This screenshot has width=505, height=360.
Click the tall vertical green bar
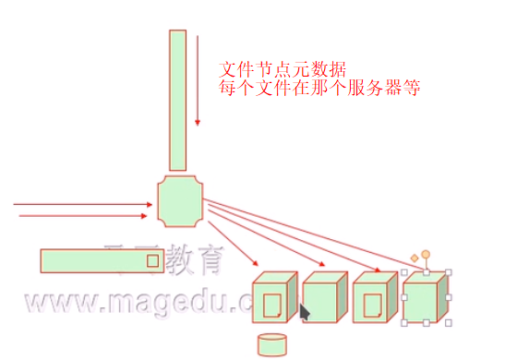pos(178,100)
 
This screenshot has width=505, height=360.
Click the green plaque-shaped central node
pos(180,200)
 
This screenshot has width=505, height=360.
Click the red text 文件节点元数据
pos(283,69)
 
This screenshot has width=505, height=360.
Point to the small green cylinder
pos(271,345)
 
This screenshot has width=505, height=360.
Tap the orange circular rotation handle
pos(426,254)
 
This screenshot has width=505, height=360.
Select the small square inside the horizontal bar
pos(152,261)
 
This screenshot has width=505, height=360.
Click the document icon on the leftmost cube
pos(271,305)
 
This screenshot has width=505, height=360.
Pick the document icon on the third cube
pos(373,305)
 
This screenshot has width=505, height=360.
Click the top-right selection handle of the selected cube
pos(449,272)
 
